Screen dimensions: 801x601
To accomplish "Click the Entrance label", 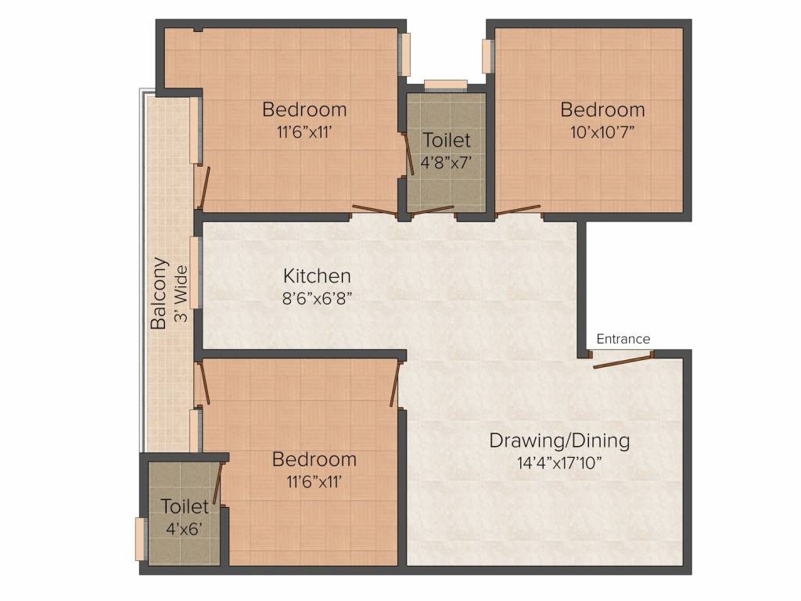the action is pyautogui.click(x=623, y=339).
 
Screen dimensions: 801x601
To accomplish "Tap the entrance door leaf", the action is pyautogui.click(x=623, y=360).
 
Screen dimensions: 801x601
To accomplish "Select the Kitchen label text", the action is pyautogui.click(x=317, y=276).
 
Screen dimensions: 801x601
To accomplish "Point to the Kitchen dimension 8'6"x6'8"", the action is pyautogui.click(x=317, y=298).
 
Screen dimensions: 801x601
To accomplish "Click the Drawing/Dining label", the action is pyautogui.click(x=559, y=441).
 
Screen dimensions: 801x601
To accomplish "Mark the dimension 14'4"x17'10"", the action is pyautogui.click(x=559, y=463).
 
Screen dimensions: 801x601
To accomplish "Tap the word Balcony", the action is pyautogui.click(x=159, y=293).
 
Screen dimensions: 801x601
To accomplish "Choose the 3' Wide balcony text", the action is pyautogui.click(x=181, y=293).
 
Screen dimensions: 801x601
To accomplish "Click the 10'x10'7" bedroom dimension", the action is pyautogui.click(x=602, y=132).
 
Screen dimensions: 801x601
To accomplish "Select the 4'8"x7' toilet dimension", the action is pyautogui.click(x=445, y=163).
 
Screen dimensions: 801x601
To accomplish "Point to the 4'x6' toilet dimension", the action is pyautogui.click(x=184, y=528).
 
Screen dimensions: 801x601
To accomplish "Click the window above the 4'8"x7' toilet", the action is pyautogui.click(x=445, y=85).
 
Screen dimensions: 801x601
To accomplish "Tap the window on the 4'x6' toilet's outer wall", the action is pyautogui.click(x=139, y=539).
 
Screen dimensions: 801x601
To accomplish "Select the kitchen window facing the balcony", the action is pyautogui.click(x=195, y=272).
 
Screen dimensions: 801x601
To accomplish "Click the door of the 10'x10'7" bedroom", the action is pyautogui.click(x=518, y=211).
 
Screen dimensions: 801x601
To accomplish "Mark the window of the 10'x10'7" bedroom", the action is pyautogui.click(x=487, y=56).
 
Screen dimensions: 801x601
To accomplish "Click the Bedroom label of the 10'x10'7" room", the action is pyautogui.click(x=602, y=110).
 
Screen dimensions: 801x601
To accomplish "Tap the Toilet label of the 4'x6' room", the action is pyautogui.click(x=185, y=506).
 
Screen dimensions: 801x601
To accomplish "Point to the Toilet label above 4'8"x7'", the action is pyautogui.click(x=447, y=140).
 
